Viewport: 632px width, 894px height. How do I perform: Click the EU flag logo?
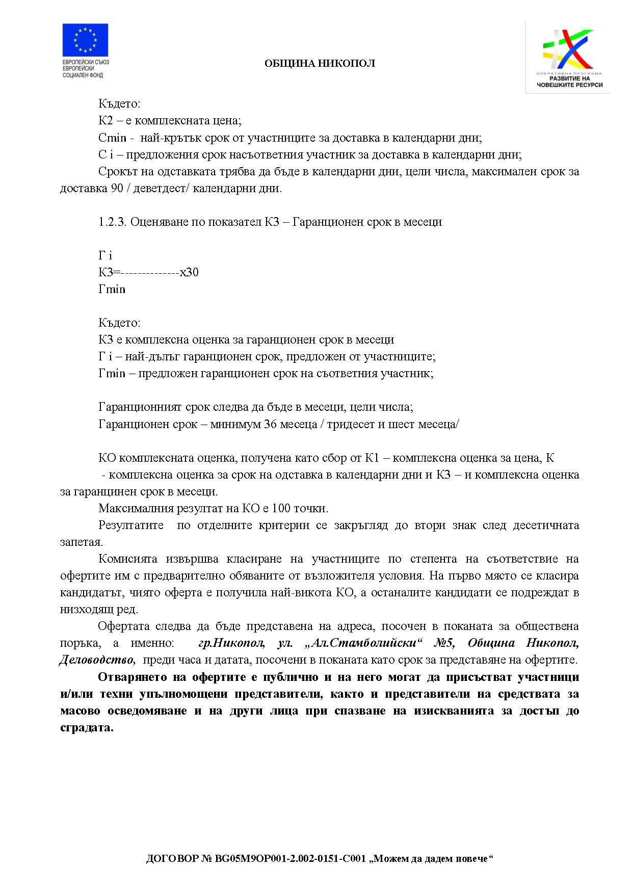point(85,40)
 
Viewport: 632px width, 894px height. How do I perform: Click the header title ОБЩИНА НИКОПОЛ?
point(320,64)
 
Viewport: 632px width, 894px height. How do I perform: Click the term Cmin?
point(112,138)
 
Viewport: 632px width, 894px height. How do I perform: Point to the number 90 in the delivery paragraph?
point(117,188)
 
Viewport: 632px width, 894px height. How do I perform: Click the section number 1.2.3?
point(112,222)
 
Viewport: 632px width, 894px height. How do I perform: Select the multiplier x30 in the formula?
point(189,272)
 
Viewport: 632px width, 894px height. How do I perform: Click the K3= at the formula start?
point(109,272)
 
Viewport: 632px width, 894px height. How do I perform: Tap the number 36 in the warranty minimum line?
point(270,424)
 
